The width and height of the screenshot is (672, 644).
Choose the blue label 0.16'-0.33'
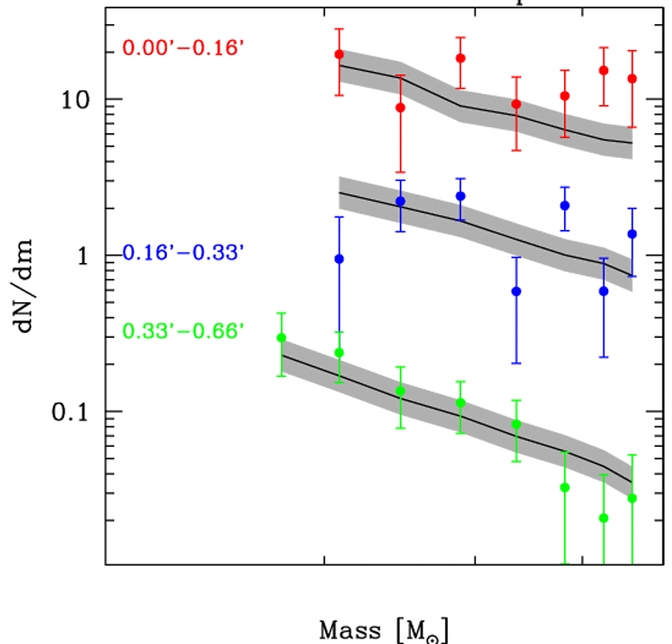[183, 253]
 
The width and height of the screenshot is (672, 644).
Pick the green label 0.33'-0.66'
[183, 332]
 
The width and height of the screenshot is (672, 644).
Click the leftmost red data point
[339, 54]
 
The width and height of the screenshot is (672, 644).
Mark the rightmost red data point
[632, 78]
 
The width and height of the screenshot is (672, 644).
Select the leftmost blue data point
[339, 259]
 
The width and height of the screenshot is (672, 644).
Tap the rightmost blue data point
[632, 234]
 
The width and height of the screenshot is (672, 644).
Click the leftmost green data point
[281, 338]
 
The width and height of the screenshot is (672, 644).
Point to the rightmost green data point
[632, 498]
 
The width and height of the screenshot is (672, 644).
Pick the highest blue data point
[460, 196]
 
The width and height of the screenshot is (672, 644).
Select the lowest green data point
[604, 518]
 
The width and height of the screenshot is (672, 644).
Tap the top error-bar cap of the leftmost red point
[339, 29]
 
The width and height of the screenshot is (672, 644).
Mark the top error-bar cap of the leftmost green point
[281, 313]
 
